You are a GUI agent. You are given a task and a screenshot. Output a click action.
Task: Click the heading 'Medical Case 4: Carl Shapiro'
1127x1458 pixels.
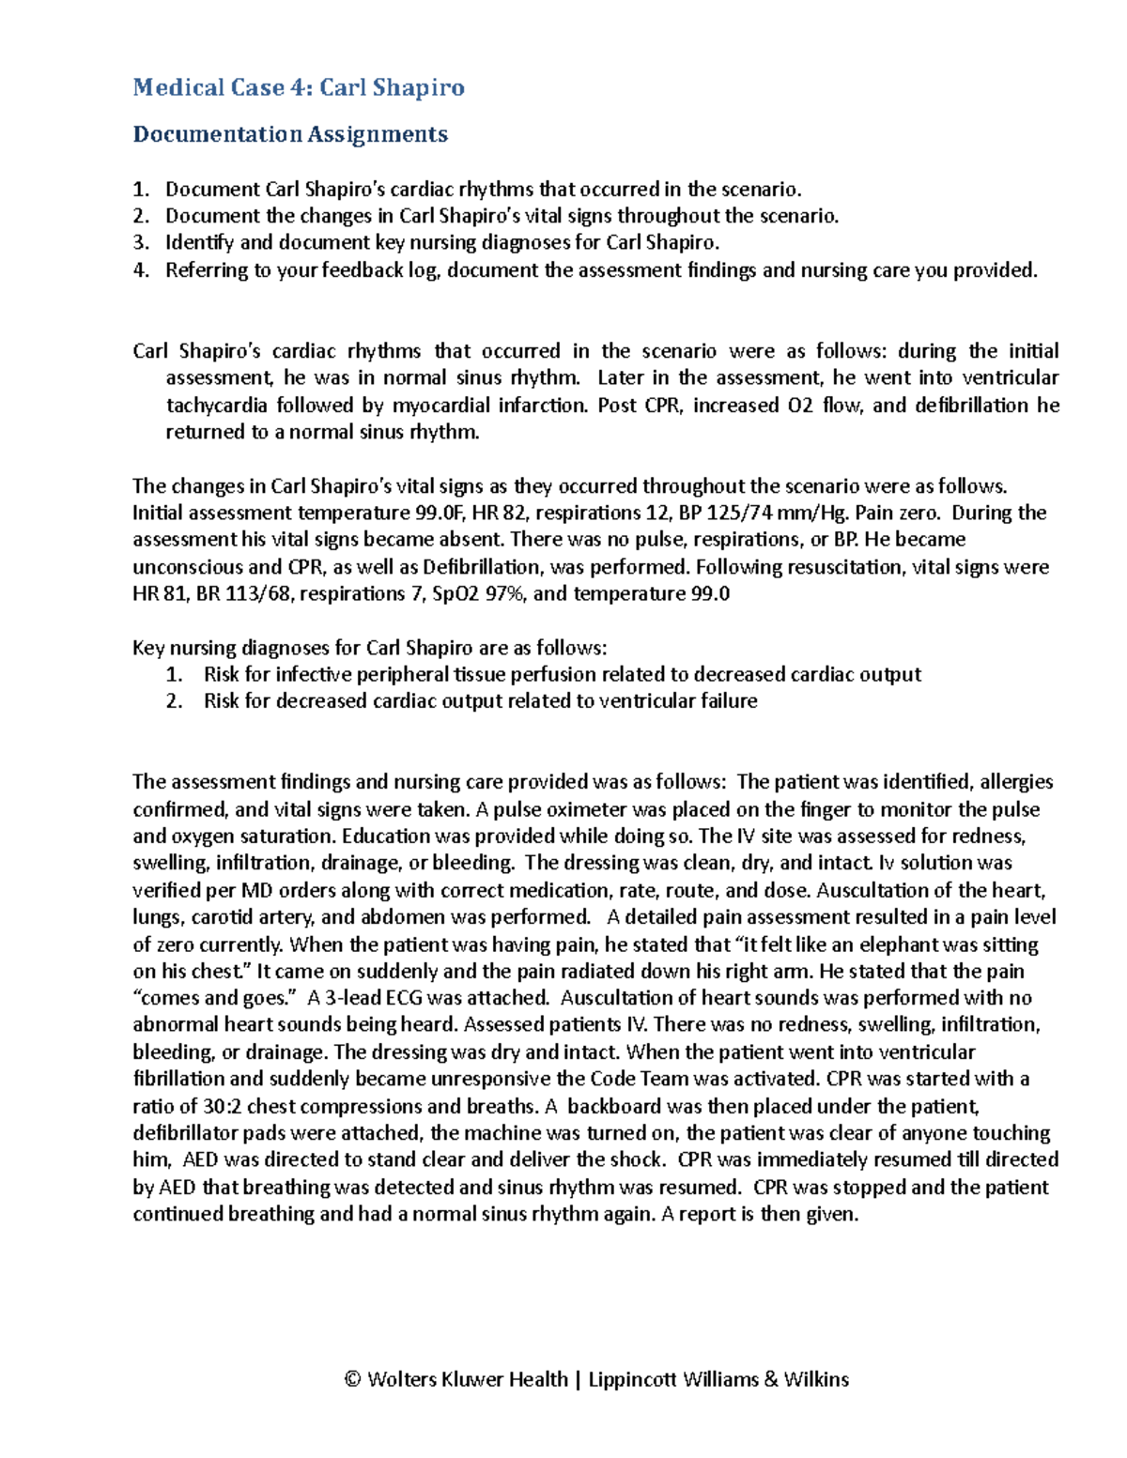click(x=299, y=87)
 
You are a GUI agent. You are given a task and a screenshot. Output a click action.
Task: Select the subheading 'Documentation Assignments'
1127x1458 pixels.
click(x=290, y=134)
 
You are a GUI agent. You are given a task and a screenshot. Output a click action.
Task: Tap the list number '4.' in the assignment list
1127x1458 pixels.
click(x=141, y=270)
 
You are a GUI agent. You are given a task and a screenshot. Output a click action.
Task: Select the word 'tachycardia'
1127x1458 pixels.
click(x=216, y=406)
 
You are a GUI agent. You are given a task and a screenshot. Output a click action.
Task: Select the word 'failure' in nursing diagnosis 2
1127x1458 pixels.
click(x=724, y=701)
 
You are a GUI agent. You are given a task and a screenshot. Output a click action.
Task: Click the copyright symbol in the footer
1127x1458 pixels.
click(x=353, y=1379)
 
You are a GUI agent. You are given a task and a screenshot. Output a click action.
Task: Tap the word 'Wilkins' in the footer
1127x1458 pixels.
click(x=817, y=1379)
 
